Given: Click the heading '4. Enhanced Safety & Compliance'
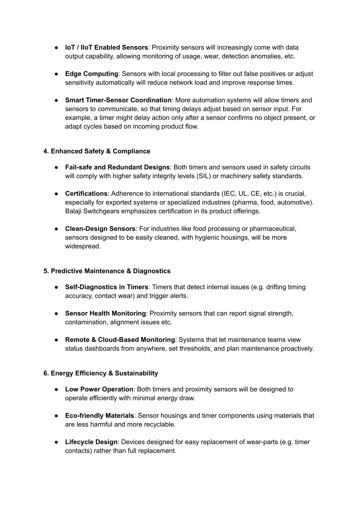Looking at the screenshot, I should (97, 151).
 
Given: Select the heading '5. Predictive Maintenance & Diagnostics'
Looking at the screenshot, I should (107, 271).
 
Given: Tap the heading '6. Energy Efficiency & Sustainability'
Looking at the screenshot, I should (101, 373).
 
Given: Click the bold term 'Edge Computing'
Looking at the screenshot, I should (91, 74).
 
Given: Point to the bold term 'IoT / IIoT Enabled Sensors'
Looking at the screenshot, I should (107, 47).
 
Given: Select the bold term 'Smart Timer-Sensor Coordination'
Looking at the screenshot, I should (118, 100).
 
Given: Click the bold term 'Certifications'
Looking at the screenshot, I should (86, 194).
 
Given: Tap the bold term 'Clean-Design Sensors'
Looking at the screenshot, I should (100, 229).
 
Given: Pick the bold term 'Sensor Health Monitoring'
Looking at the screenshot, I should (105, 313).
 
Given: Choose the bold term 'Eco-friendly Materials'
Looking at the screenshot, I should (99, 416).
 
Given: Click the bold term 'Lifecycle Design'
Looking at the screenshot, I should (91, 442).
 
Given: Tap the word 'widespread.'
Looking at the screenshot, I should (83, 246).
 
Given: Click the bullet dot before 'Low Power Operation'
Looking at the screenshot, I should (56, 390).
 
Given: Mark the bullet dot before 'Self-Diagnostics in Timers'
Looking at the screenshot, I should (56, 287).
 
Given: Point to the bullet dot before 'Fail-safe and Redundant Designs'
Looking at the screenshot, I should (56, 168).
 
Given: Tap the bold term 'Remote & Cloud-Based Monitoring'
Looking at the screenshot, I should (120, 340).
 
